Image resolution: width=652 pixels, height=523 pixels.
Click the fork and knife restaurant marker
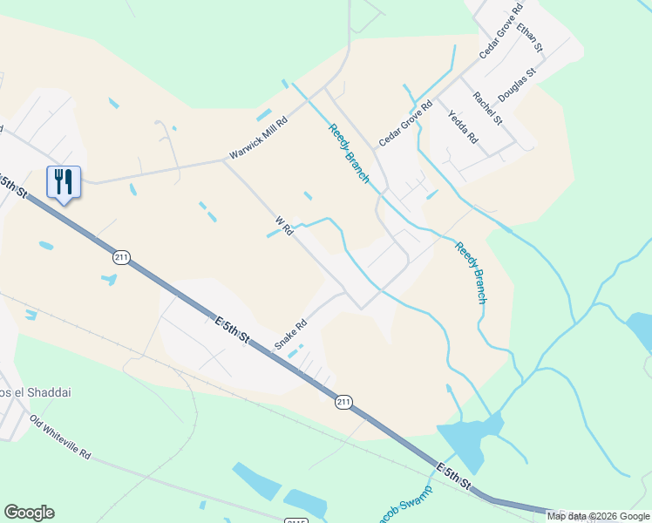[63, 182]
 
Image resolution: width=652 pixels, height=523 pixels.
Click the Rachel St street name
[487, 107]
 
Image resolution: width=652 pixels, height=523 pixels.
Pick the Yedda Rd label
[463, 126]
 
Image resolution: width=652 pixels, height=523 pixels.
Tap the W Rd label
[283, 227]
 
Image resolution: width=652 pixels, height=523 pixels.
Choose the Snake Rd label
[291, 334]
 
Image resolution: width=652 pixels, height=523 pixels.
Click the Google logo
[30, 513]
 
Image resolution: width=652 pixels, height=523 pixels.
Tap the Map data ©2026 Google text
[598, 516]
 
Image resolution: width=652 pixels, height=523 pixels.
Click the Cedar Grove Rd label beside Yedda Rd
[405, 124]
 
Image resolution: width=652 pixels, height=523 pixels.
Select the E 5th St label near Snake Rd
[232, 332]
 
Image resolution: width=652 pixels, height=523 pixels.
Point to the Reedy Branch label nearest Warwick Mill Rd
[349, 153]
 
